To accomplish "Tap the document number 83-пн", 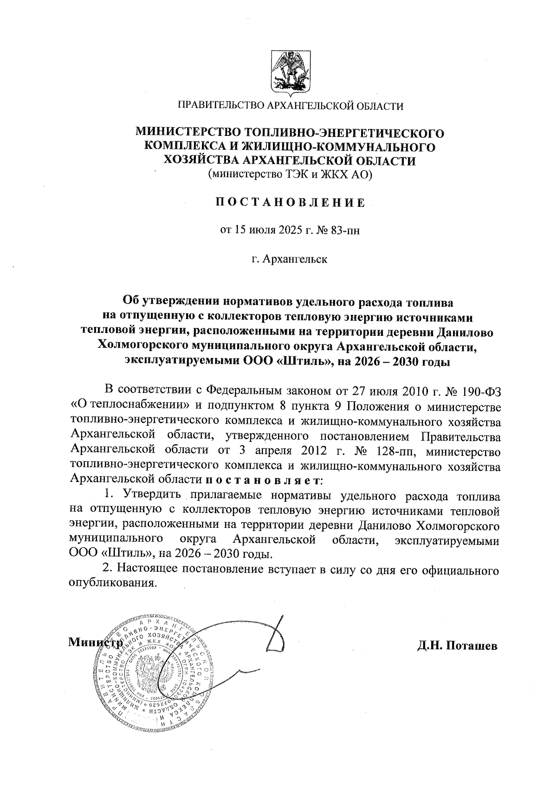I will [344, 230].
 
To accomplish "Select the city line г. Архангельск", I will [290, 259].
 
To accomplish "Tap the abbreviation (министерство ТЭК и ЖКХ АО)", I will [291, 174].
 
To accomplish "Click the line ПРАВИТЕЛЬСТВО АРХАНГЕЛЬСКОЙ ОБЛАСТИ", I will [291, 106].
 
